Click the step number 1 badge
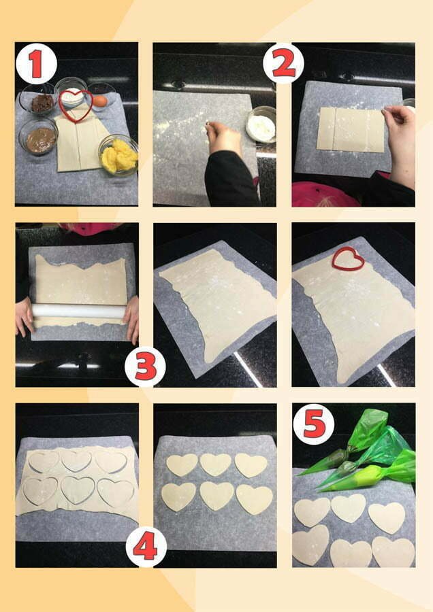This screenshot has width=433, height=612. click(x=36, y=64)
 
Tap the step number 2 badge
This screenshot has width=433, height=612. click(x=283, y=63)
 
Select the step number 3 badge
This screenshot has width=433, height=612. click(x=145, y=367)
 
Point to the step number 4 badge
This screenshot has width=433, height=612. click(x=146, y=547)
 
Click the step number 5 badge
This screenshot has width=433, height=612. click(x=314, y=424)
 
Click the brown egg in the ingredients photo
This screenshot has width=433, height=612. click(x=100, y=101)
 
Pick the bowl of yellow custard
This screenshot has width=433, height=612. click(x=118, y=155)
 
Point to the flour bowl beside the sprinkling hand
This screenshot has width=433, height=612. click(x=261, y=124)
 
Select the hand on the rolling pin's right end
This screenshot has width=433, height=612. click(x=131, y=318)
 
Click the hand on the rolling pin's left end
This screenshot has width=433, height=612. click(x=25, y=316)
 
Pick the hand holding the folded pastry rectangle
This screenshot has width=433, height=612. click(x=400, y=143)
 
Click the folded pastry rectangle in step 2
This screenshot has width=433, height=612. click(x=351, y=130)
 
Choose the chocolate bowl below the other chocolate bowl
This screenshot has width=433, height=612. click(x=39, y=137)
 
